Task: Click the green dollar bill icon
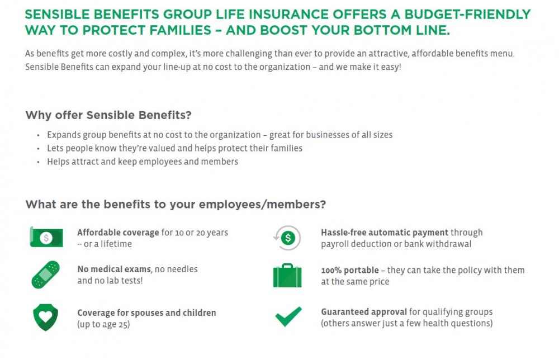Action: [45, 238]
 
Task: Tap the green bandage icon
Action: [45, 274]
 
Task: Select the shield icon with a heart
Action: [45, 318]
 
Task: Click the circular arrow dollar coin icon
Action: [288, 238]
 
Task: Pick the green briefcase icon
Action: [287, 275]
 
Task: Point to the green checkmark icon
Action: [288, 317]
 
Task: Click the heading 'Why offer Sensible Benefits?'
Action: [108, 115]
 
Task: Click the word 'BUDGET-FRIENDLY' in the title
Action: [467, 14]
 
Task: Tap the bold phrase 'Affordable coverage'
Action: [118, 233]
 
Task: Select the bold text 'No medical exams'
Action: [114, 269]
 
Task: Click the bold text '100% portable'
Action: [350, 270]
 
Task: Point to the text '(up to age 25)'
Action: [103, 324]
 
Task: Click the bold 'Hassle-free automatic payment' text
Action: [385, 233]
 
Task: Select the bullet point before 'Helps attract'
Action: [38, 162]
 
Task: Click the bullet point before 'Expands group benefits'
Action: [38, 135]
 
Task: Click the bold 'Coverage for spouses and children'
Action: [146, 312]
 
